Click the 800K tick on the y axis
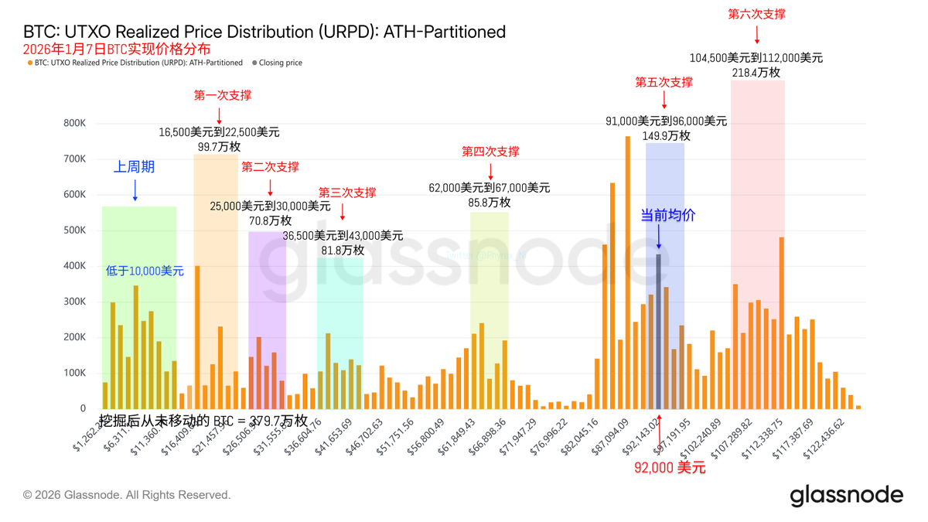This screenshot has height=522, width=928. click(x=75, y=123)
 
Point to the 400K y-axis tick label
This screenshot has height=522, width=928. click(x=75, y=266)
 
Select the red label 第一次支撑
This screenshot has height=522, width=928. click(x=223, y=96)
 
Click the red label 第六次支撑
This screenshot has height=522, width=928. click(x=757, y=14)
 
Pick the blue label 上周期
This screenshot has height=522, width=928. click(x=135, y=167)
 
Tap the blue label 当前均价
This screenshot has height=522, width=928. click(x=667, y=216)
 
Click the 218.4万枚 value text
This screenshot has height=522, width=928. click(x=756, y=73)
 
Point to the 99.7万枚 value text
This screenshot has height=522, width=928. click(x=219, y=147)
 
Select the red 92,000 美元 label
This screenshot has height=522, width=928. click(x=670, y=468)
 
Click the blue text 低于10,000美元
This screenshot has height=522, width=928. click(x=145, y=271)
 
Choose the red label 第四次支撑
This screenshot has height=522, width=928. click(x=490, y=152)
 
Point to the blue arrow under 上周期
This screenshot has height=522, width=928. click(x=135, y=190)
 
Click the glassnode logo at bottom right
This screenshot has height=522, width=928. click(x=846, y=496)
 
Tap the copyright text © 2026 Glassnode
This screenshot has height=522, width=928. click(x=127, y=495)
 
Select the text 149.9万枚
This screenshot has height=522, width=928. click(x=666, y=136)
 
